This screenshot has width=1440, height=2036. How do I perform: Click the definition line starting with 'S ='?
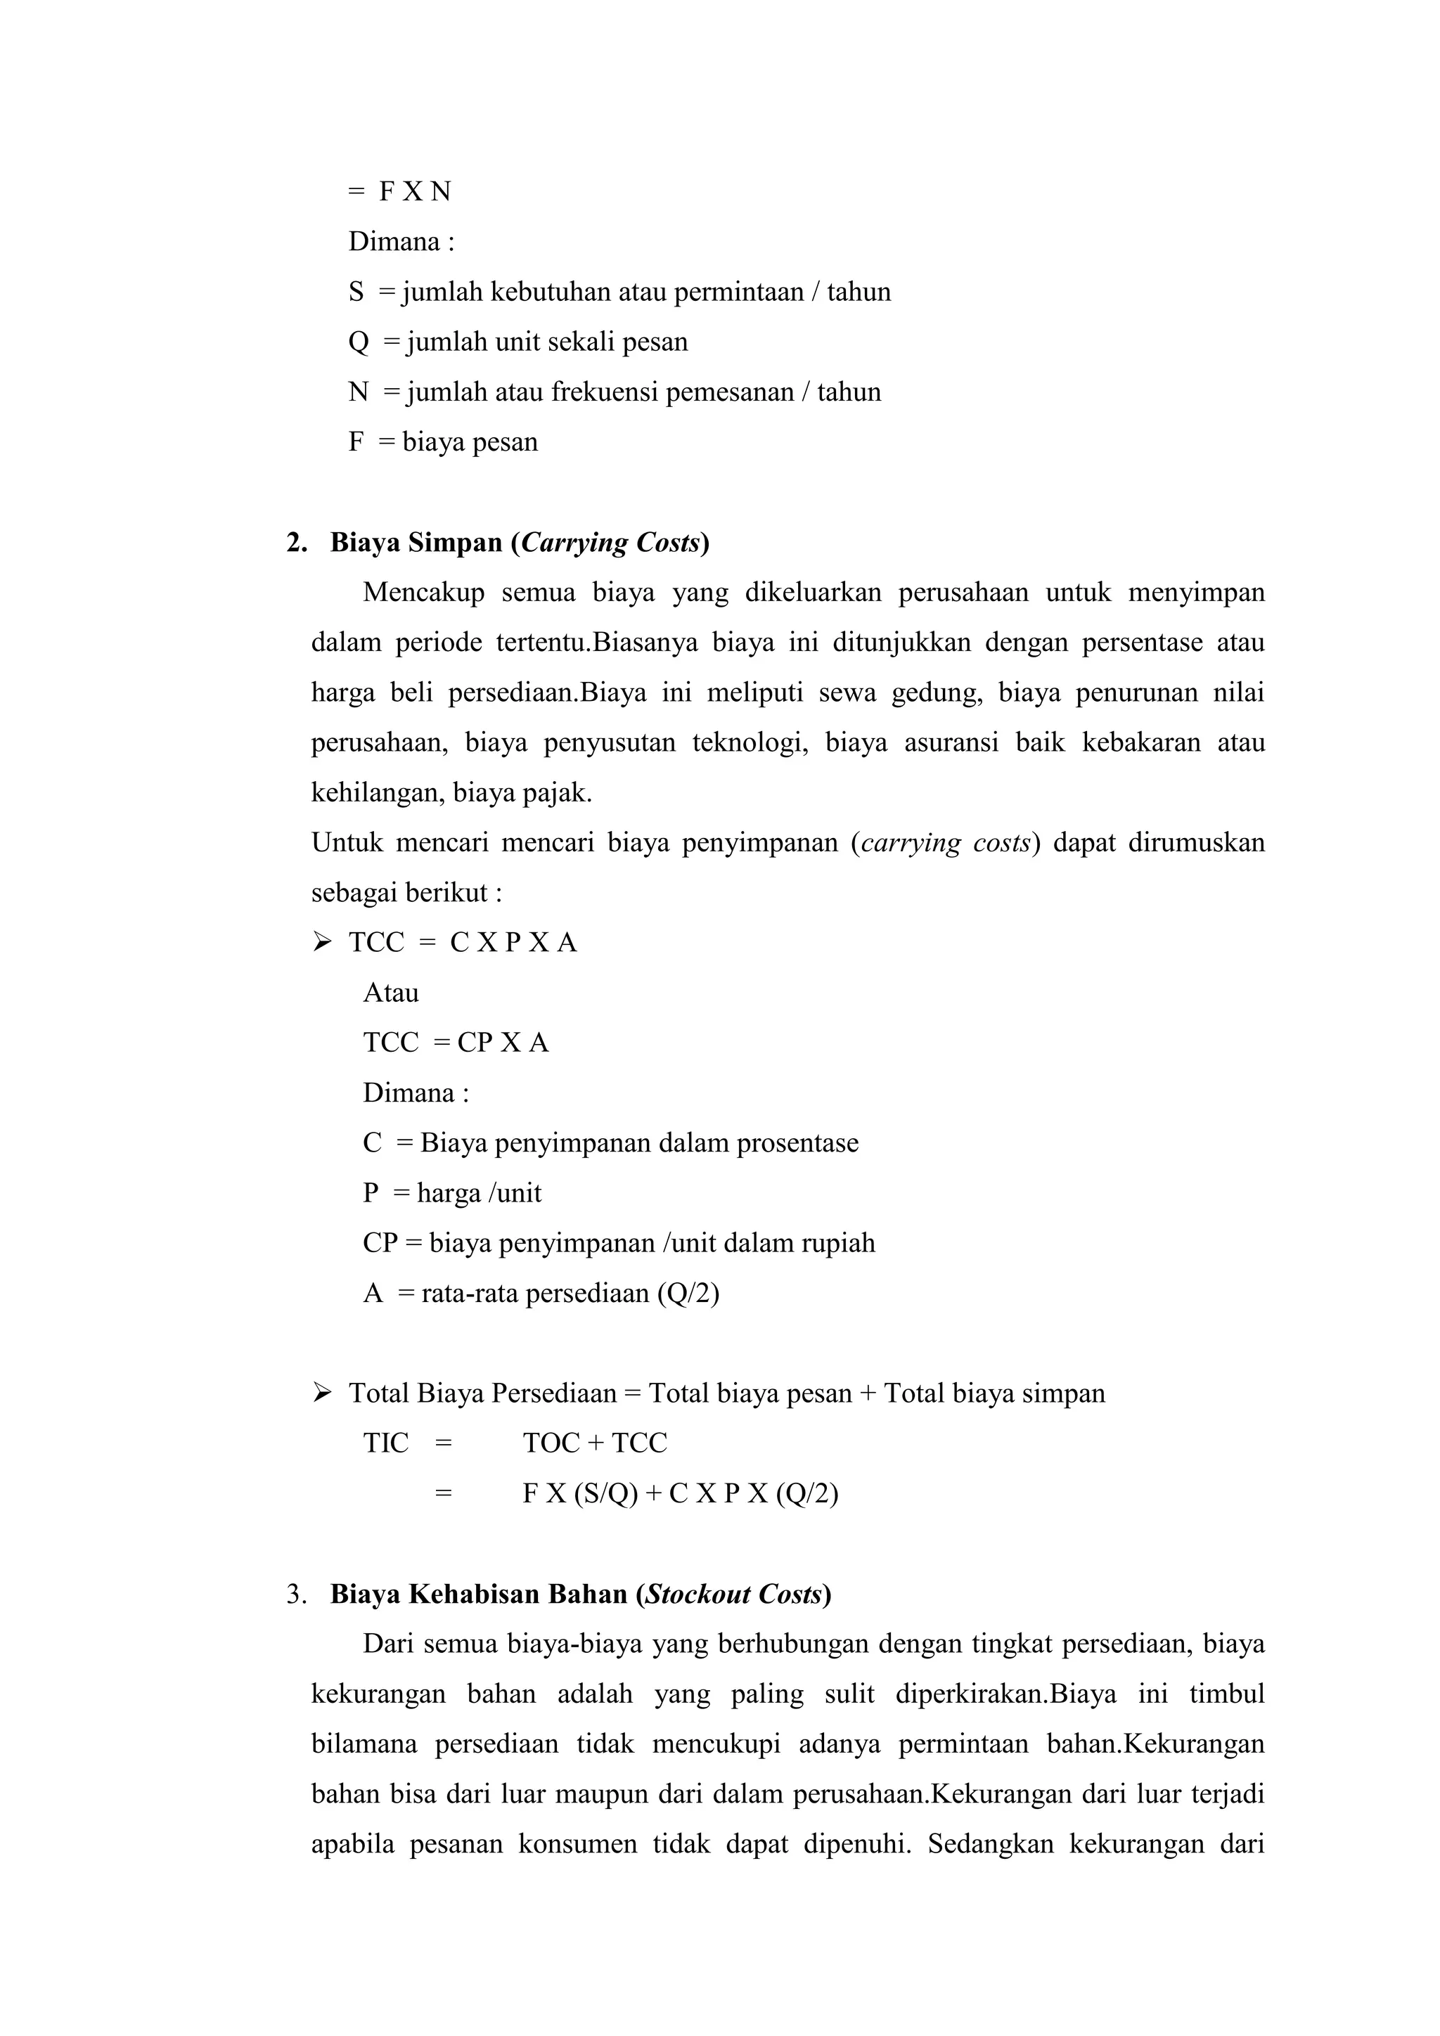pos(619,292)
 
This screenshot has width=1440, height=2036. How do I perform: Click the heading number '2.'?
pos(297,543)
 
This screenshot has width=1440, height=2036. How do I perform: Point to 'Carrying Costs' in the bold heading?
pos(611,543)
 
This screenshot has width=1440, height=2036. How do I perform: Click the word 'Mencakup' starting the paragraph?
pos(423,593)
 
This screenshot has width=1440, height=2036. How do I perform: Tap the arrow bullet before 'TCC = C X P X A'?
pos(322,942)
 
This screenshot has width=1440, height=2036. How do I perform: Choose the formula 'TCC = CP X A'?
pos(456,1043)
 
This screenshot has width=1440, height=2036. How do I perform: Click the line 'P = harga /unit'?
pos(451,1192)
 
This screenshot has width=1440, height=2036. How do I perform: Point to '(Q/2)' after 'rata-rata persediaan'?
pos(688,1293)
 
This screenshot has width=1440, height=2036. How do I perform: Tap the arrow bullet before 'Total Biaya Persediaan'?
pos(322,1393)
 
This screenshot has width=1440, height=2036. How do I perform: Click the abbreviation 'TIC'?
pos(386,1443)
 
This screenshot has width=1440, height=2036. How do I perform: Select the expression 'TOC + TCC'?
pos(594,1443)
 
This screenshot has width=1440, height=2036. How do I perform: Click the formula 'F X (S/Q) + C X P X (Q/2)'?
pos(680,1493)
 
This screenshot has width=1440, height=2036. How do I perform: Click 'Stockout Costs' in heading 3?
pos(734,1594)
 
